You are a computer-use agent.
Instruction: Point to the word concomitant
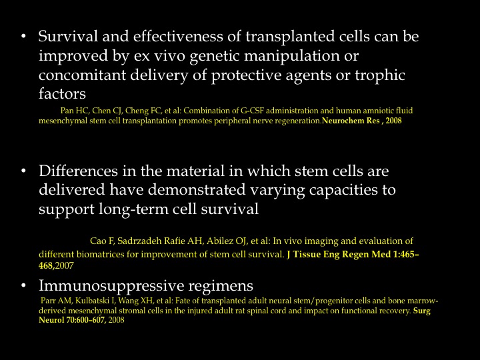83,75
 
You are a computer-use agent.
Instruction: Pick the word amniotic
377,111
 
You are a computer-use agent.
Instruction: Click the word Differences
78,171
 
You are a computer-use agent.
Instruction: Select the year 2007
65,266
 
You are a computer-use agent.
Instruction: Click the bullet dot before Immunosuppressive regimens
24,285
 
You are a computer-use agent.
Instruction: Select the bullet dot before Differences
24,171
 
